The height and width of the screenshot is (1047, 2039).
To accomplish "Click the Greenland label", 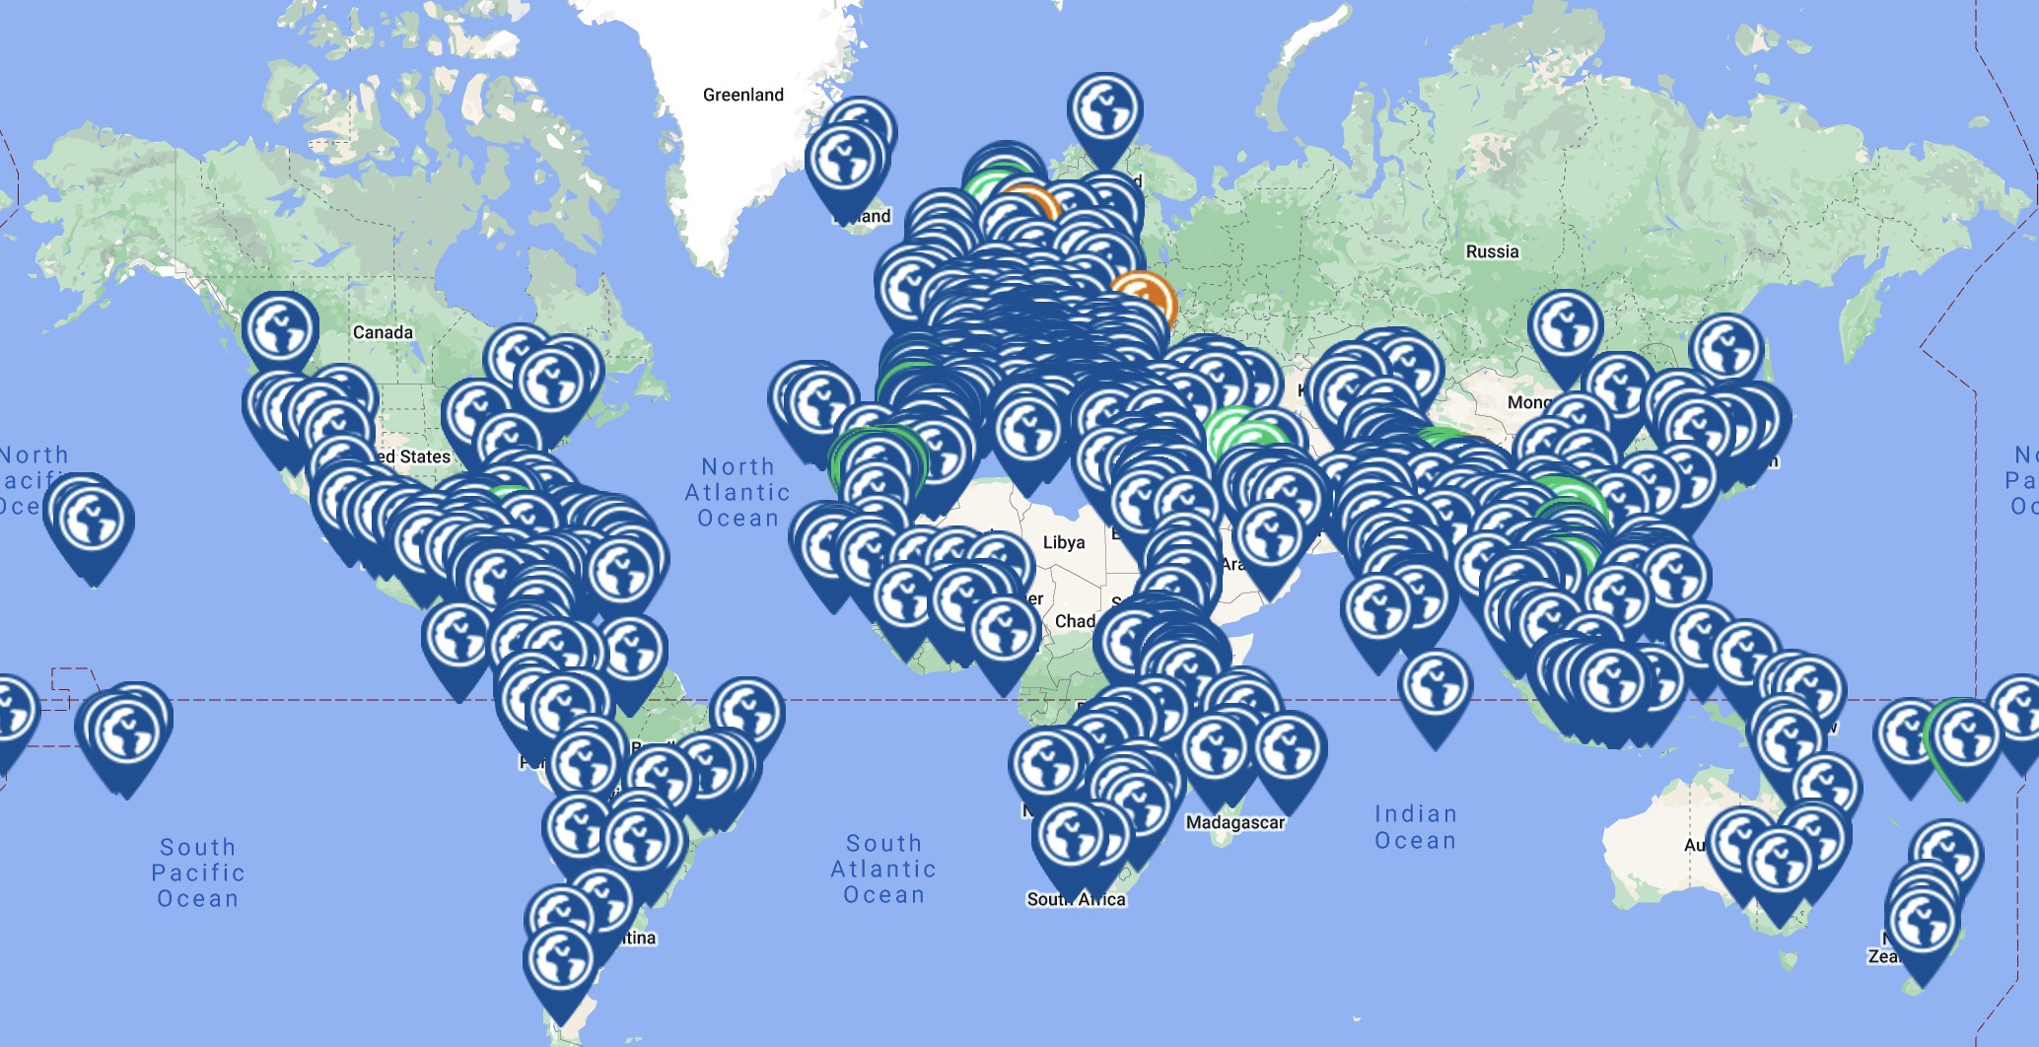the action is (742, 95).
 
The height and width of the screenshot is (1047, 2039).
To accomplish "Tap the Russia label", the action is (1492, 251).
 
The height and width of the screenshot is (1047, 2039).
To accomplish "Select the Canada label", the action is (383, 332).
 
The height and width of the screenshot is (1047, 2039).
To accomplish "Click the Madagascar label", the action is (1234, 822).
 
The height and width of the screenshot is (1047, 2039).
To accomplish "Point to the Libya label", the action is (1064, 542).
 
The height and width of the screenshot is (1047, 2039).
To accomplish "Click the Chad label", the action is (1074, 621).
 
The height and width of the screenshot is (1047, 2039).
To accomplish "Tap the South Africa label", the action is (1076, 899).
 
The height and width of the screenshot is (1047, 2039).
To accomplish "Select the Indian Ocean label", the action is (1415, 827).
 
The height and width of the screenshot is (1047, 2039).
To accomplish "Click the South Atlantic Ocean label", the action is (883, 870).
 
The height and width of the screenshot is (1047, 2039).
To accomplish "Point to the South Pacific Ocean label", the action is (197, 872).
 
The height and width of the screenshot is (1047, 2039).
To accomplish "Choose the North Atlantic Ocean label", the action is (738, 492).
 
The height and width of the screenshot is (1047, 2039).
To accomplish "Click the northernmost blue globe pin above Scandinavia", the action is (1104, 110).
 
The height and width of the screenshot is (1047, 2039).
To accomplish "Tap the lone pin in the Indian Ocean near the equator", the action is (1435, 686).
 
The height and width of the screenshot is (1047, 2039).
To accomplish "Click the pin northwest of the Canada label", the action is (280, 329).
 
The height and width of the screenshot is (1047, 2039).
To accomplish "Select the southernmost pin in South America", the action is (560, 961).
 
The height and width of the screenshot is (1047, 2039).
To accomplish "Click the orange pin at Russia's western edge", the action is (1144, 299).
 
